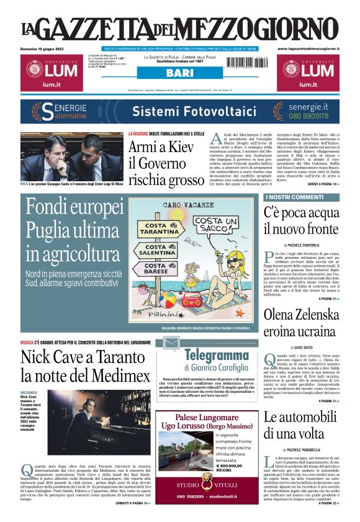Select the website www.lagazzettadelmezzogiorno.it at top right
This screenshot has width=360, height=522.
308,48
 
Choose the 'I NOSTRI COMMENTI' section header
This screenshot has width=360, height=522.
286,197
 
